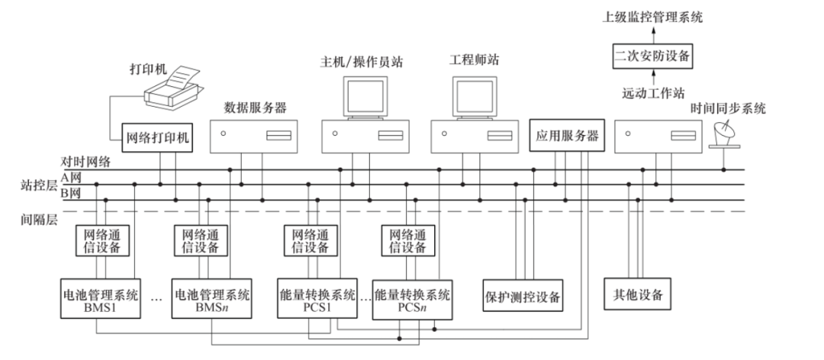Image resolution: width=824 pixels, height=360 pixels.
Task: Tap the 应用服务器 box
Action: tap(565, 137)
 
